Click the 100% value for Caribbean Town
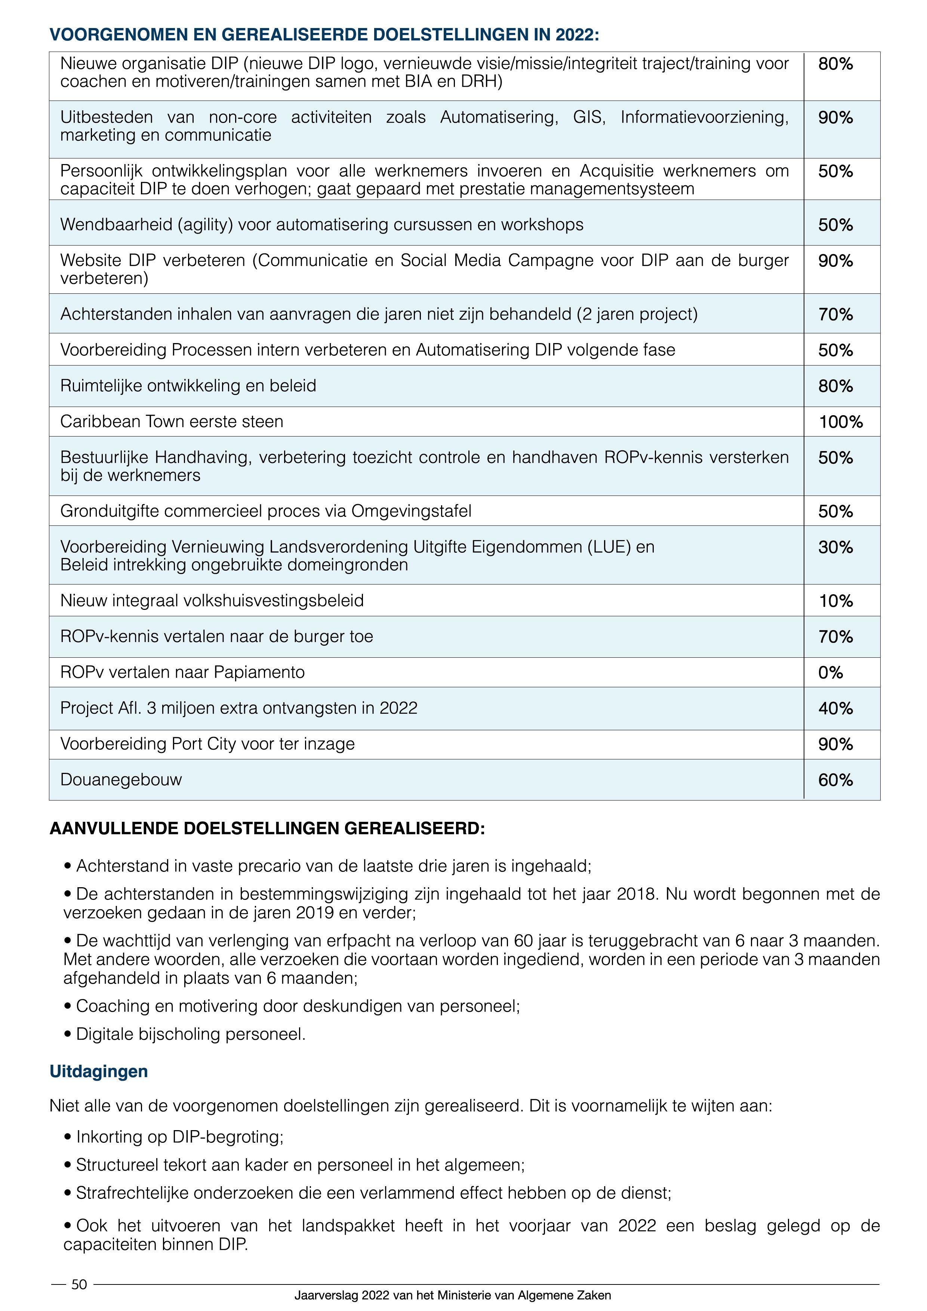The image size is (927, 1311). pyautogui.click(x=840, y=422)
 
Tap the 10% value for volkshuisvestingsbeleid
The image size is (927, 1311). pyautogui.click(x=836, y=601)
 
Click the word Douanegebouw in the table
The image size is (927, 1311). pyautogui.click(x=121, y=780)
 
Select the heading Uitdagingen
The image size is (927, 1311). pyautogui.click(x=99, y=1071)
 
